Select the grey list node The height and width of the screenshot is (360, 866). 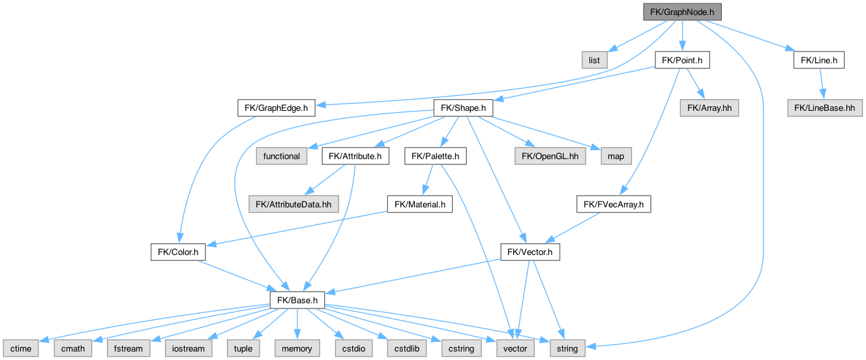pos(594,61)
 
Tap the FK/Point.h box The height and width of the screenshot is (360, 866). pos(681,61)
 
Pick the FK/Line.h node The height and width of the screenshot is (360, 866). pos(819,61)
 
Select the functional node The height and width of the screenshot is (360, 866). pos(282,157)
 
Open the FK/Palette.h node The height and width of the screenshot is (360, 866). pos(436,157)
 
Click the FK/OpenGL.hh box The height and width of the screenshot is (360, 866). pos(549,157)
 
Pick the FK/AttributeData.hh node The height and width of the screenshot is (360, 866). pos(293,205)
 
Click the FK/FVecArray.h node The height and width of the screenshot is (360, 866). pos(614,205)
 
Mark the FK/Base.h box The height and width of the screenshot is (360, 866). pos(297,301)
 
